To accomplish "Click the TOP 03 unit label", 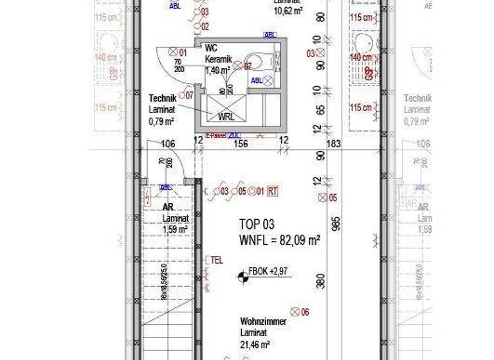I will pos(257,224).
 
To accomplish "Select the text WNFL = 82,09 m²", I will pos(280,240).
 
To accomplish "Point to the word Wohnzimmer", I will pos(259,321).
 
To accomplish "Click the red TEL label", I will pos(216,260).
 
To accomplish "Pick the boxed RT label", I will pos(272,191).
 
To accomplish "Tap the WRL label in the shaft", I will pos(226,117).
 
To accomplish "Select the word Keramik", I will pos(216,59).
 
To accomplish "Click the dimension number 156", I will pos(241,144).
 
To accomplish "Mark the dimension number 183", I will pos(333,144).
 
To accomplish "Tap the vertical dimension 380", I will pos(320,282).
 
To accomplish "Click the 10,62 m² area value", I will pos(288,11).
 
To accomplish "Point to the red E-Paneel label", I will pos(215,136).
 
